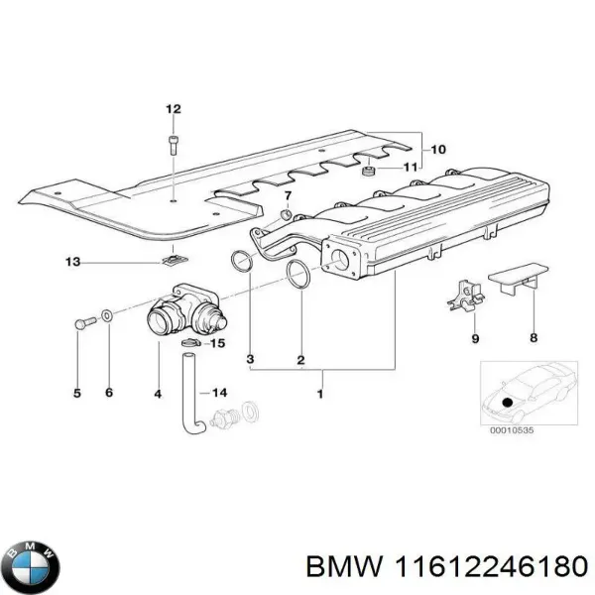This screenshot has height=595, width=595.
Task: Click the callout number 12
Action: coord(174,108)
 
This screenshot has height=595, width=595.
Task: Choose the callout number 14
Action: coord(219,393)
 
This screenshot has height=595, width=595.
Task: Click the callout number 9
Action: coord(474,338)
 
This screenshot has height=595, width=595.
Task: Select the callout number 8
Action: coord(534,338)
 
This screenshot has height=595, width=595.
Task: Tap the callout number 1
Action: coord(318,395)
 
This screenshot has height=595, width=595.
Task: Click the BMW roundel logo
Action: coord(33,568)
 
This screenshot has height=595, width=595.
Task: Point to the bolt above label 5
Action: coord(80,322)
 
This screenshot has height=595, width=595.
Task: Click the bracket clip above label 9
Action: coord(464,294)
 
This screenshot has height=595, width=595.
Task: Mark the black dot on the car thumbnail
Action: coord(508,402)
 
